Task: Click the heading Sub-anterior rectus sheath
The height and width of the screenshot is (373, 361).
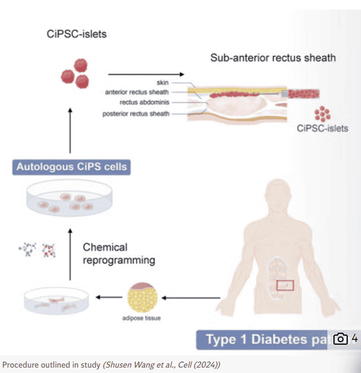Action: pyautogui.click(x=273, y=58)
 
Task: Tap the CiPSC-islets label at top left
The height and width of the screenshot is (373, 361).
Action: pyautogui.click(x=77, y=34)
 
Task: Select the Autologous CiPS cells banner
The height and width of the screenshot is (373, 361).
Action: pyautogui.click(x=71, y=166)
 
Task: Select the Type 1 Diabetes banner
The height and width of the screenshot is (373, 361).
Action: pyautogui.click(x=265, y=339)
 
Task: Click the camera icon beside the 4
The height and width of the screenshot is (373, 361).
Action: pyautogui.click(x=341, y=339)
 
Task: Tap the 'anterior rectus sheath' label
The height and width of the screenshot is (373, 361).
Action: pyautogui.click(x=137, y=92)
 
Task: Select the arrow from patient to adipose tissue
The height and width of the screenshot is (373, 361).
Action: pyautogui.click(x=193, y=297)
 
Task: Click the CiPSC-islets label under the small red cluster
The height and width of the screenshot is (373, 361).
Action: pyautogui.click(x=323, y=128)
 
